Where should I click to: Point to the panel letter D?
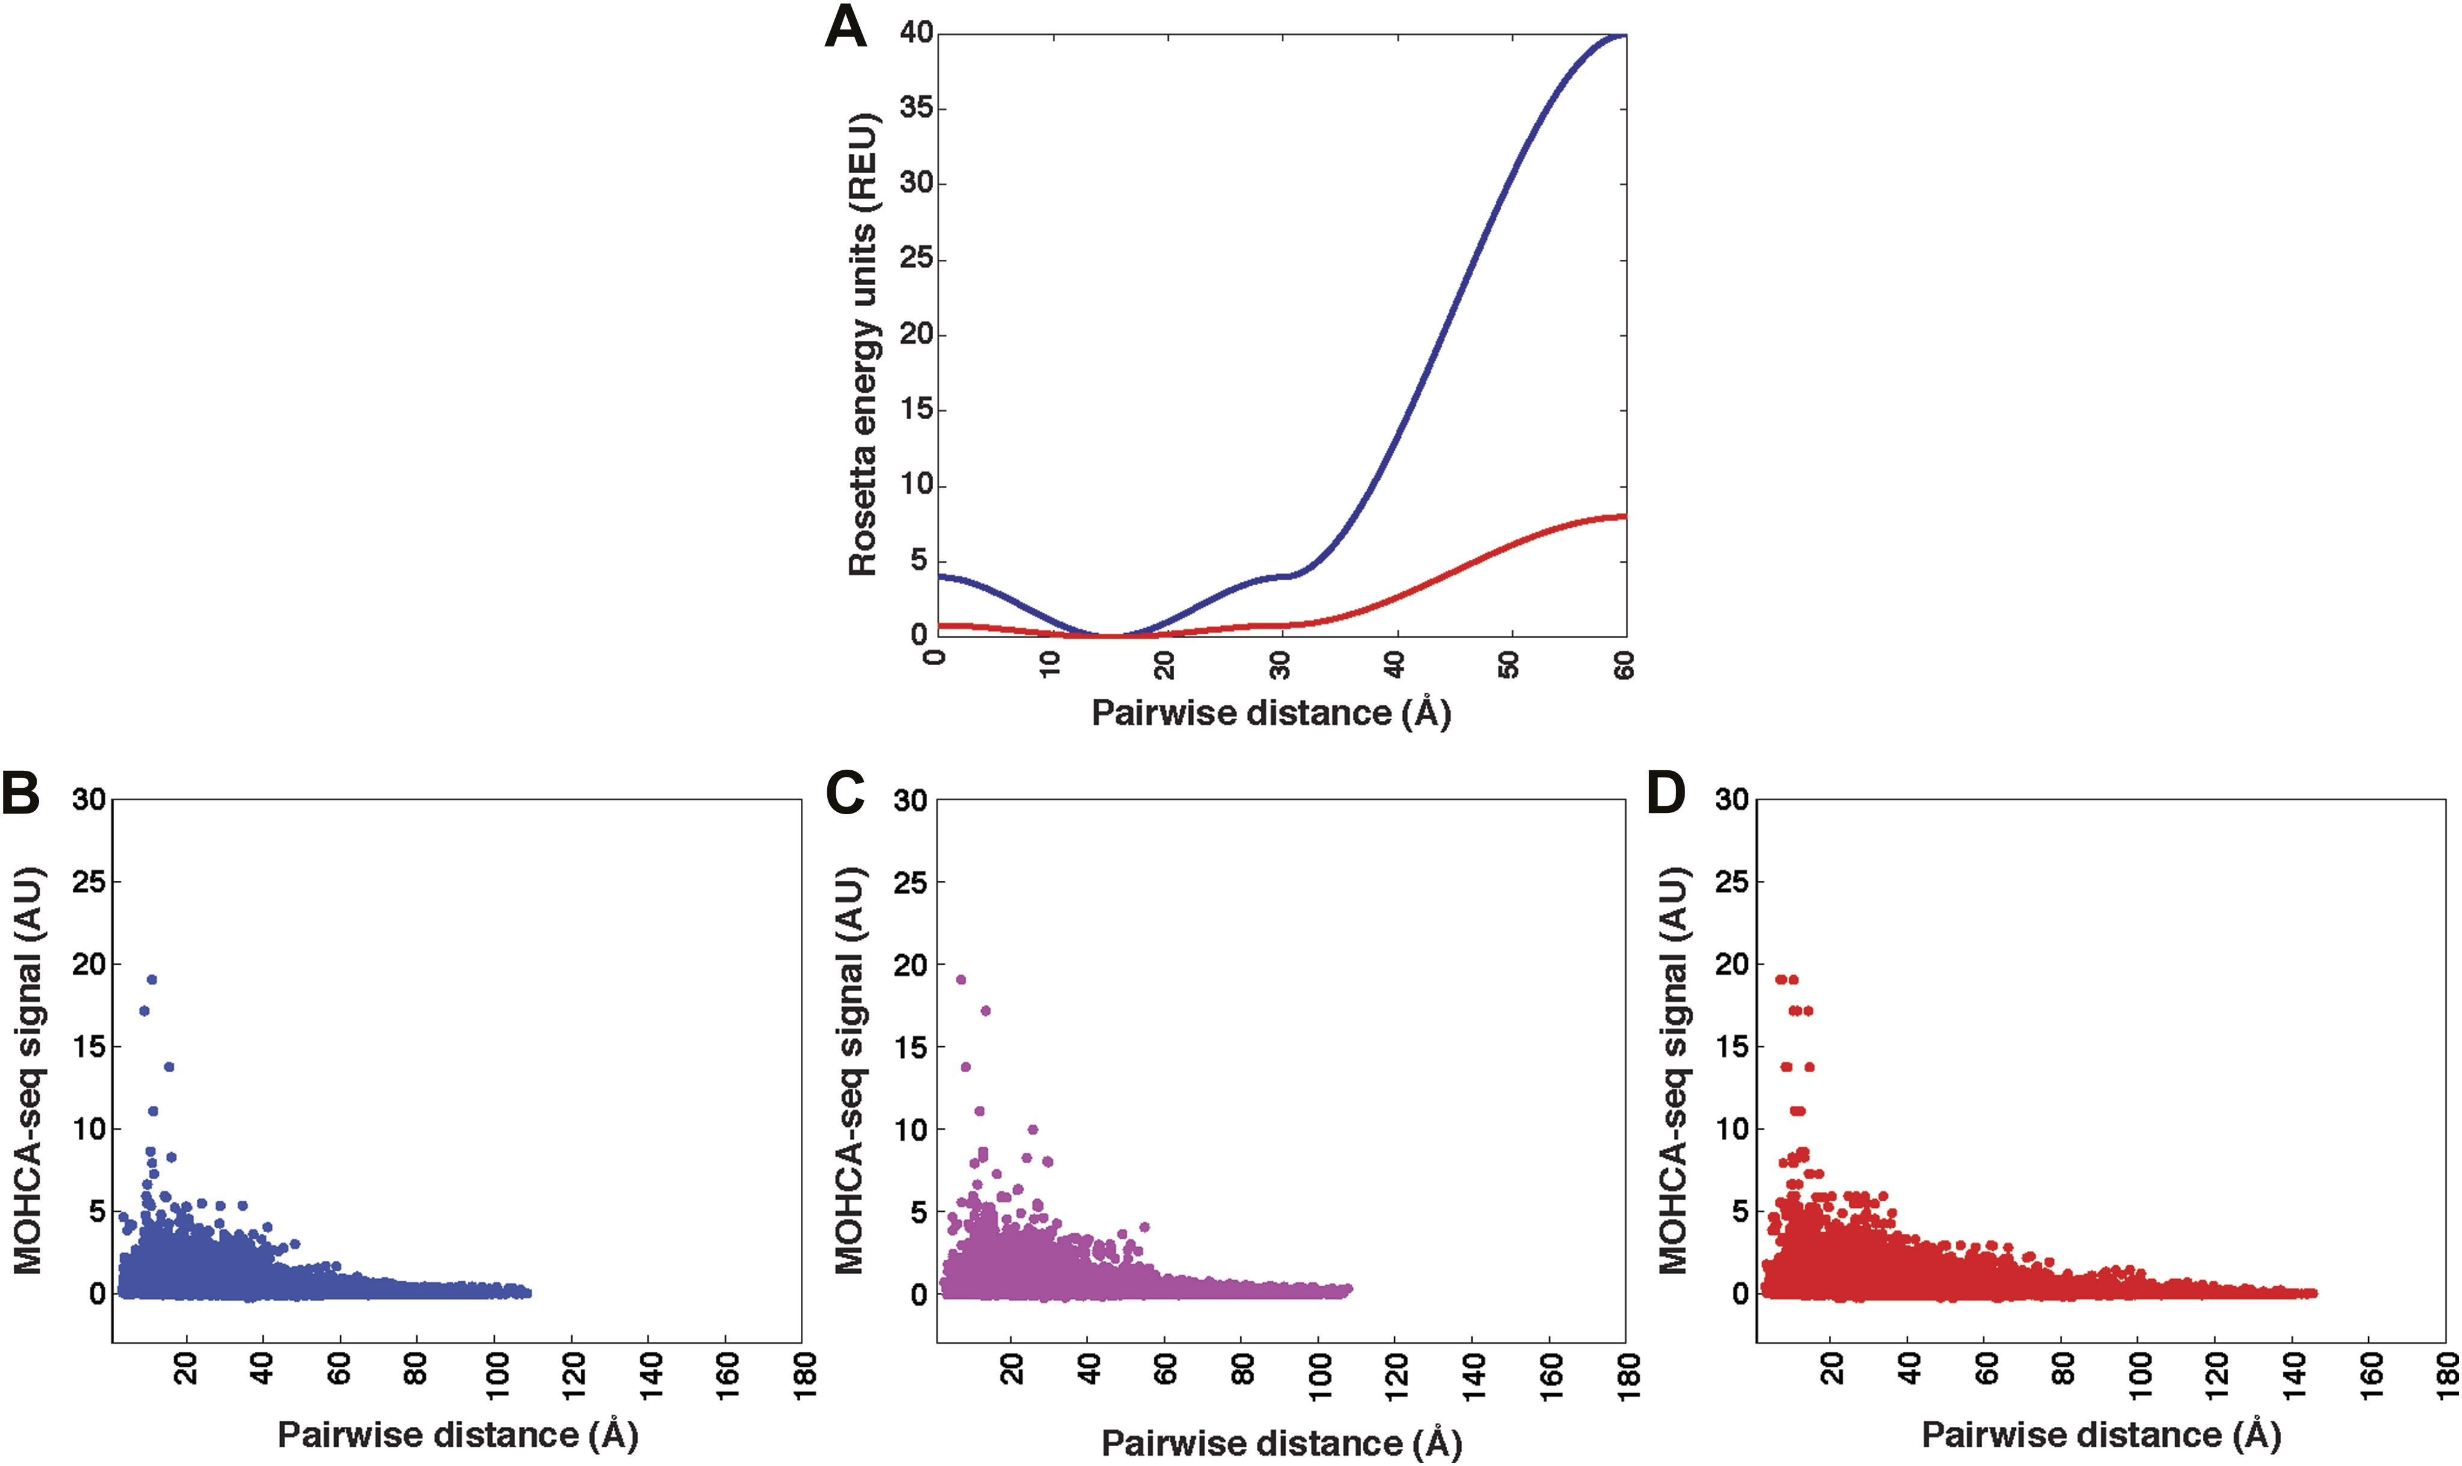click(x=1667, y=793)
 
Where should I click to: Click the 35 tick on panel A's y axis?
click(x=916, y=108)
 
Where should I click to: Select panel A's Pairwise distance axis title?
click(x=1270, y=712)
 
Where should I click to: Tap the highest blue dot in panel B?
click(x=151, y=979)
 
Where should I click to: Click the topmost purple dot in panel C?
click(x=960, y=979)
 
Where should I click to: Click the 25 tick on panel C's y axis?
click(x=910, y=882)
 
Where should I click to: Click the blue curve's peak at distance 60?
click(x=1623, y=35)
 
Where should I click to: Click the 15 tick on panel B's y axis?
click(x=88, y=1047)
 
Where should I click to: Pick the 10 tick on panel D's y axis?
click(x=1732, y=1129)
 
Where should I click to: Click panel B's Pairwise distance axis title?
click(x=458, y=1434)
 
